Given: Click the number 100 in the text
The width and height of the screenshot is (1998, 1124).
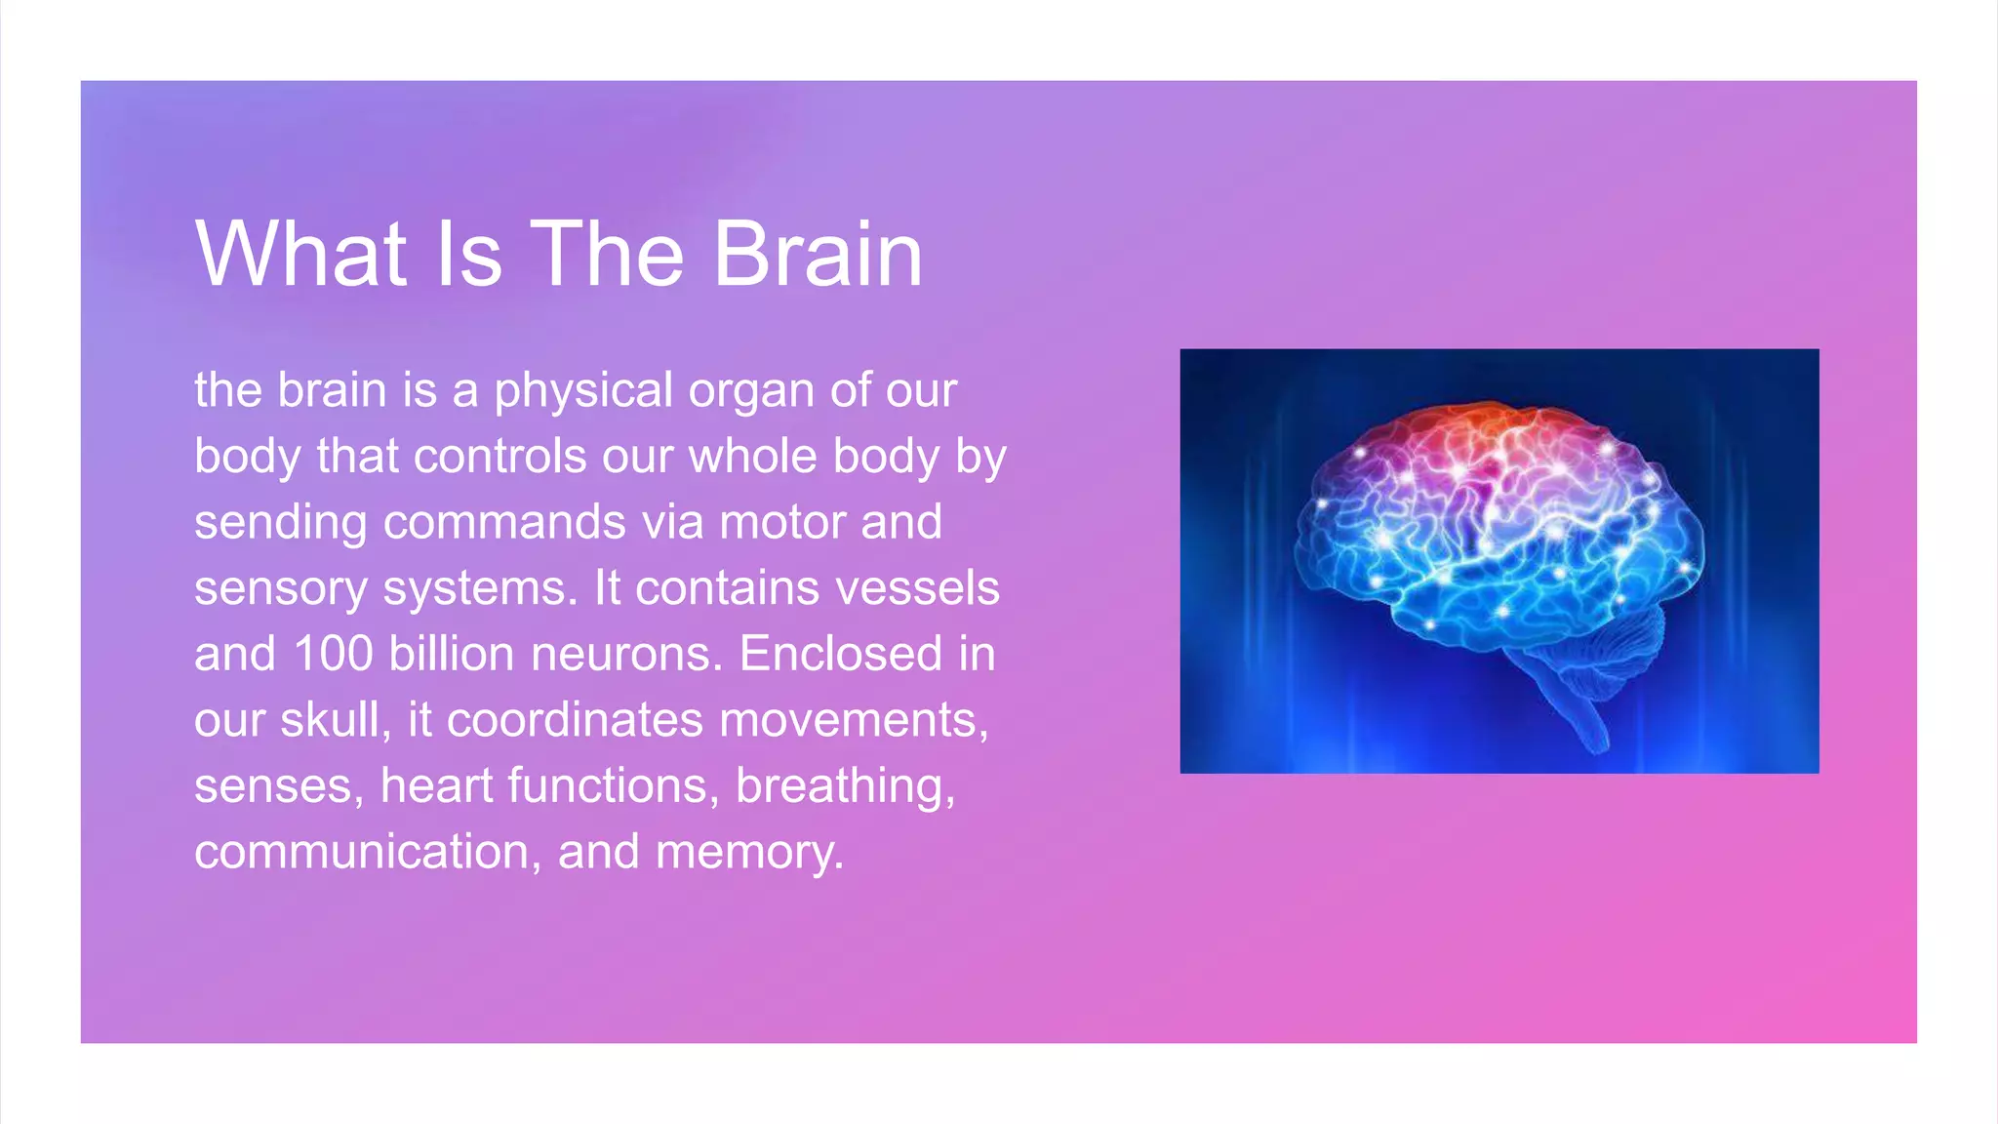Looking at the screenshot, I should [x=333, y=654].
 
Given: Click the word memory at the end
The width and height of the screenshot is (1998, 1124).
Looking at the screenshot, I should [x=748, y=853].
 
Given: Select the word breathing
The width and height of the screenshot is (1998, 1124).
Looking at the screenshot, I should [x=845, y=786].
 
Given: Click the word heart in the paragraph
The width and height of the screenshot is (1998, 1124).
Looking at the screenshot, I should [x=436, y=786].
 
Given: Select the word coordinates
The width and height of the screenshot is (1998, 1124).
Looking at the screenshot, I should [x=575, y=720].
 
